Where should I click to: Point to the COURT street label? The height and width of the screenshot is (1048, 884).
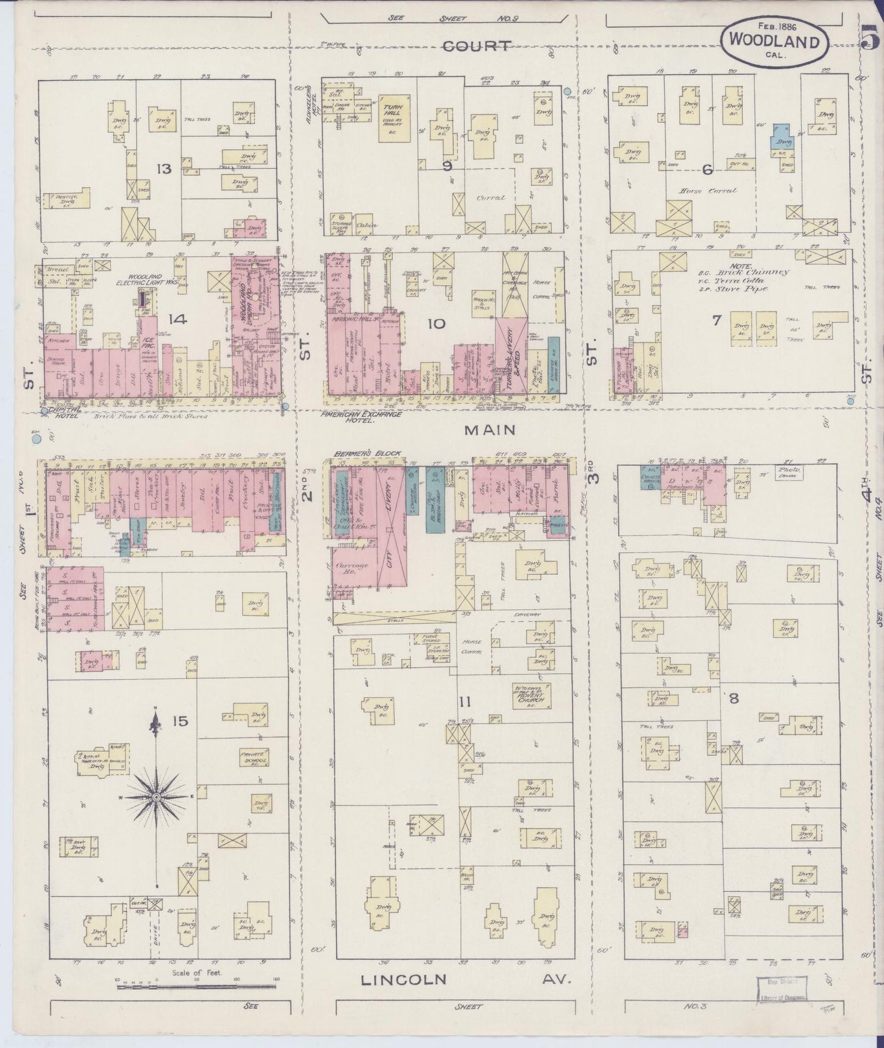(476, 45)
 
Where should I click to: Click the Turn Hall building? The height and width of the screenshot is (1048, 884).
(392, 117)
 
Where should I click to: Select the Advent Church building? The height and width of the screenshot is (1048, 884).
(530, 695)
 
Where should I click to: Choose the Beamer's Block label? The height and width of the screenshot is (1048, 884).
(368, 454)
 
